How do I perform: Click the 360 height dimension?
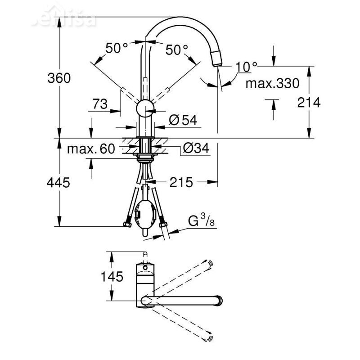pos(59,78)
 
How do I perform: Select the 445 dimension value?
pos(59,183)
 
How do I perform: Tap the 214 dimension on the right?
pos(322,103)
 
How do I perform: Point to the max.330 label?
pos(272,83)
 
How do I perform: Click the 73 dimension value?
pos(99,104)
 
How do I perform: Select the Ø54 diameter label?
pos(183,120)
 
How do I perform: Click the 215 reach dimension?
pos(181,182)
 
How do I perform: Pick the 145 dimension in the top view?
pos(111,277)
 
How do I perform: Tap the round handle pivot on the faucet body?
pos(145,109)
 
